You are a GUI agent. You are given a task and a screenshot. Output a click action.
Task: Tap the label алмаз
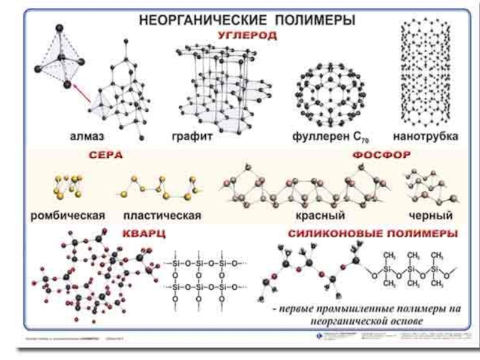109,136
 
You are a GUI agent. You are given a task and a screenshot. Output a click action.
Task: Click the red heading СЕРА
106,155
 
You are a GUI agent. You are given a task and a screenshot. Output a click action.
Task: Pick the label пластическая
161,214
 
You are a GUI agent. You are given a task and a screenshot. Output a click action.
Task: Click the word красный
314,214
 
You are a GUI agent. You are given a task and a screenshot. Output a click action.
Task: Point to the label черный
430,214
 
